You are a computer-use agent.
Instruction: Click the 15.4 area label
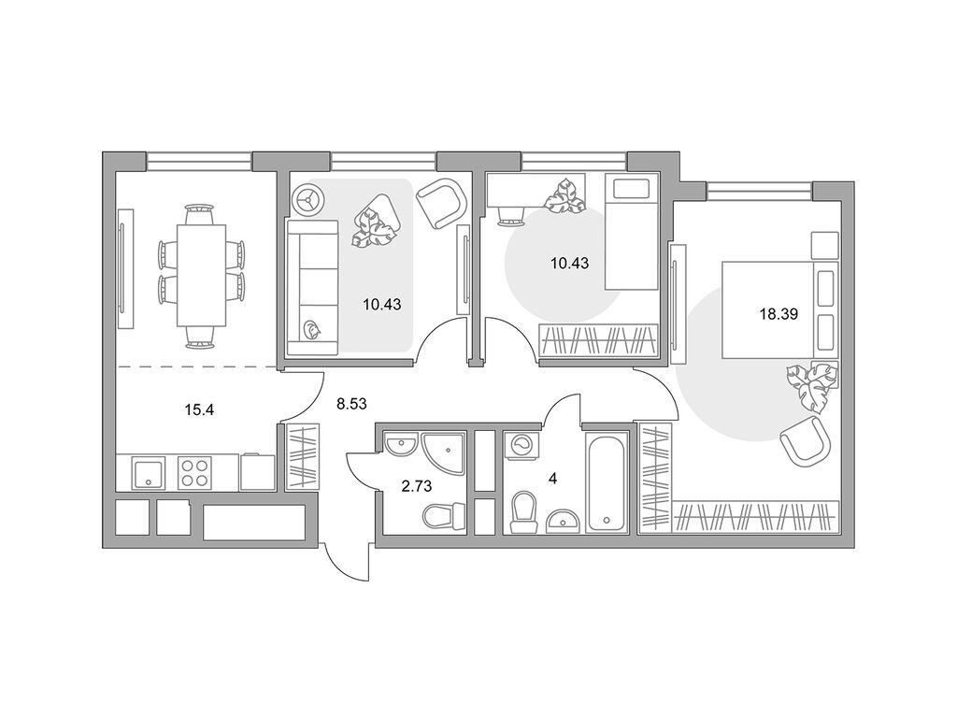[x=199, y=409]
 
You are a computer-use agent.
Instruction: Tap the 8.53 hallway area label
[x=351, y=403]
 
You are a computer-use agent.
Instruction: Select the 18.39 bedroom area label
[x=778, y=315]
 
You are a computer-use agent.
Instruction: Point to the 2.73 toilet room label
[x=416, y=486]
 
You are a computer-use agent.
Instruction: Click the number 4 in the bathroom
[x=553, y=479]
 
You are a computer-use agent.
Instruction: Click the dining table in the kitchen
[x=202, y=276]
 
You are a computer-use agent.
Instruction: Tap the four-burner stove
[x=194, y=472]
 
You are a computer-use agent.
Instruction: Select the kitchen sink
[x=149, y=473]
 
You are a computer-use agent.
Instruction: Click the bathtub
[x=607, y=482]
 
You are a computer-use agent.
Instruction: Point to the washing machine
[x=522, y=446]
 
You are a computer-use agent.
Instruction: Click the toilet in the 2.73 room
[x=444, y=516]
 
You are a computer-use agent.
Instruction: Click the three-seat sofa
[x=312, y=287]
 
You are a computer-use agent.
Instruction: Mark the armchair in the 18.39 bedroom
[x=806, y=440]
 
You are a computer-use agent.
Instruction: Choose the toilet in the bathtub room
[x=523, y=511]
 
